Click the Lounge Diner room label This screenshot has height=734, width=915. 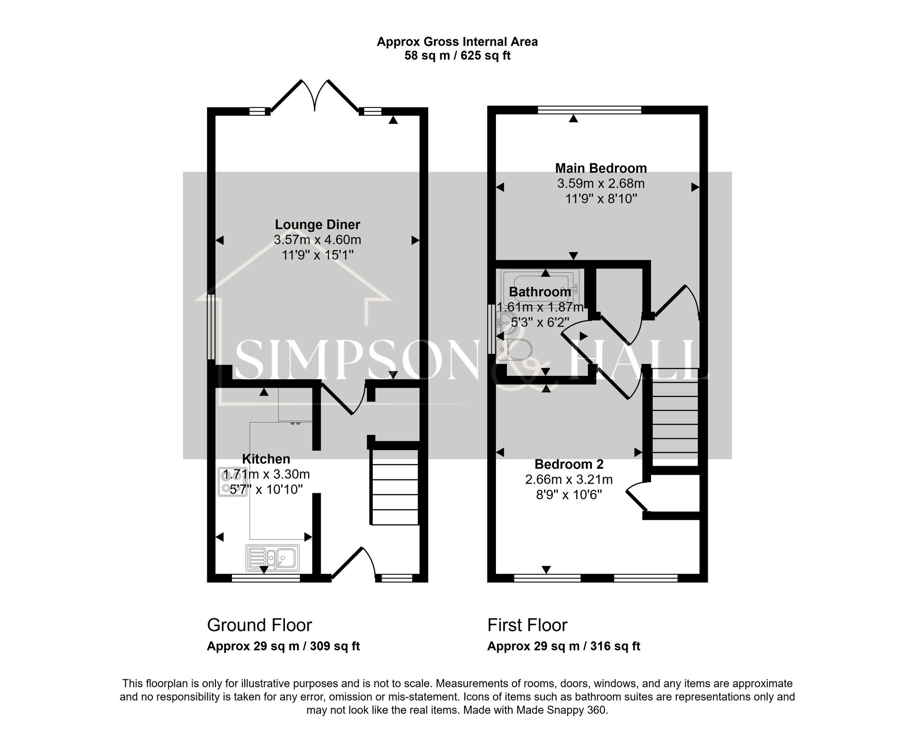click(x=317, y=224)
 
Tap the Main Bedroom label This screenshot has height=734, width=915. click(x=601, y=168)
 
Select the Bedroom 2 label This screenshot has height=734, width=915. click(x=569, y=464)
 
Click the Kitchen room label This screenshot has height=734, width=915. click(x=266, y=459)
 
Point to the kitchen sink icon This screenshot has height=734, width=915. click(x=273, y=558)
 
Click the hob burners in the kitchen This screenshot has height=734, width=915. click(x=227, y=482)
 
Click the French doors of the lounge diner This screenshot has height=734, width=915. click(x=315, y=96)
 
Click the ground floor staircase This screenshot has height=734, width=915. click(x=394, y=487)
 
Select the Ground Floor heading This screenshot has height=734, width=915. click(x=259, y=625)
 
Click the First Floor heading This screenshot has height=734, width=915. click(x=527, y=625)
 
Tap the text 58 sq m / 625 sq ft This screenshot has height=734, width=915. click(x=457, y=56)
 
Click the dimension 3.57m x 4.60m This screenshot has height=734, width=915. click(x=317, y=239)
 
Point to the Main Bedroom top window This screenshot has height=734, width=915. click(x=589, y=109)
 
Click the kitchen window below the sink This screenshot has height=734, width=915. click(x=265, y=578)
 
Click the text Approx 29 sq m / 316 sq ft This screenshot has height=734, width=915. click(x=563, y=646)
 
